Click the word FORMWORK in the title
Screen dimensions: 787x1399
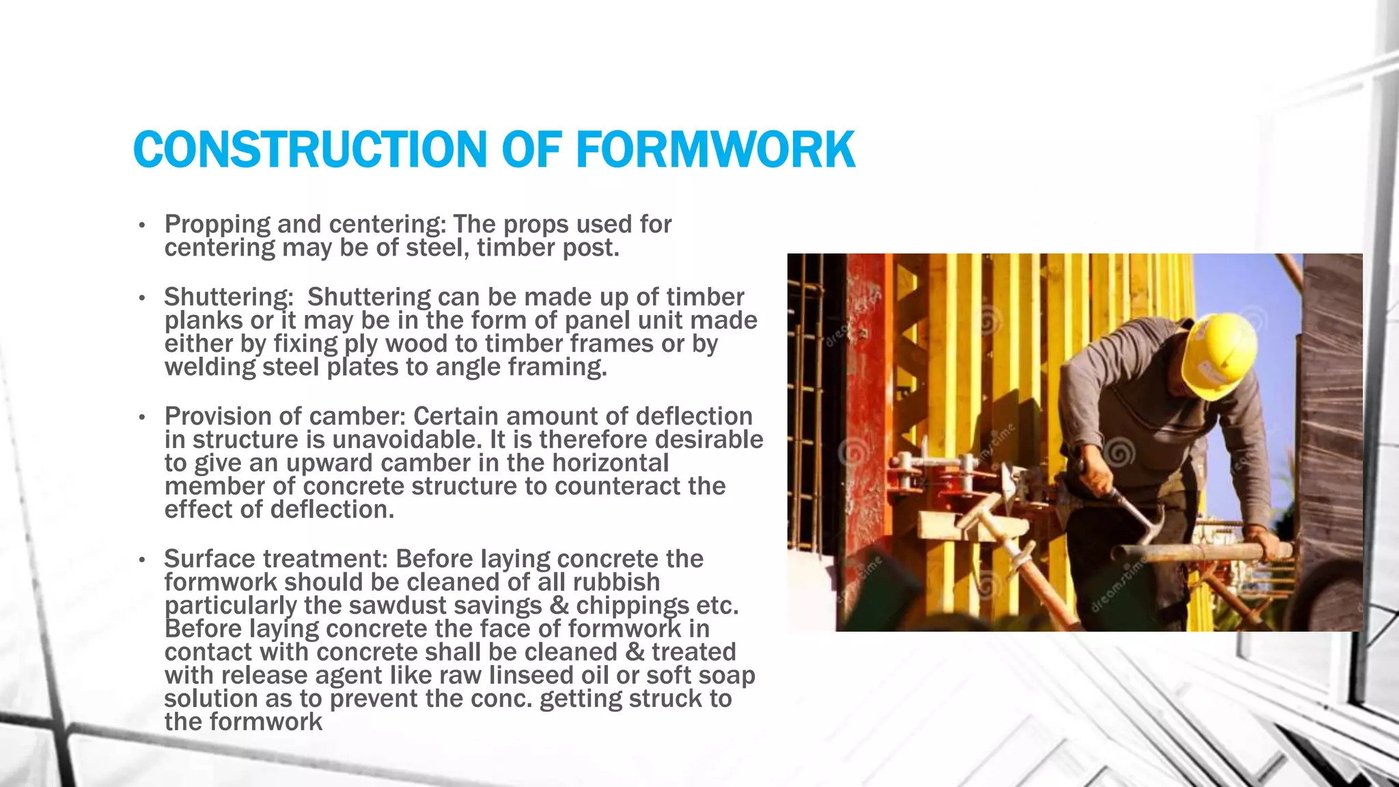[x=715, y=150]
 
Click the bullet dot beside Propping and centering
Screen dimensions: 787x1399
[x=141, y=225]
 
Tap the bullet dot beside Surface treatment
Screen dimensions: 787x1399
[x=141, y=560]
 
